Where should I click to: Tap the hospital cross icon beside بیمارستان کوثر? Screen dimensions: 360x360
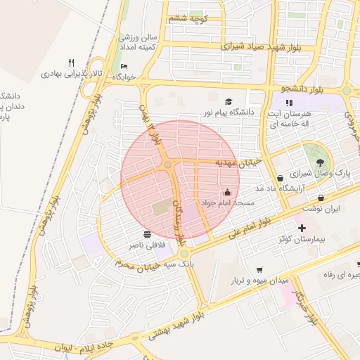coord(302,229)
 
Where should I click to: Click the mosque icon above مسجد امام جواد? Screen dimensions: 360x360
coord(227,191)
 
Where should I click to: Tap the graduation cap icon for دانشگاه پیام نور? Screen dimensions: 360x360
coord(229,102)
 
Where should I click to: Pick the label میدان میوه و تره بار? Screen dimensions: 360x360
coord(260,280)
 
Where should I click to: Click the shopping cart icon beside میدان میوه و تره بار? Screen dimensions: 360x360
coord(260,269)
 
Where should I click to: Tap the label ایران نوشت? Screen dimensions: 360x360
coord(321,209)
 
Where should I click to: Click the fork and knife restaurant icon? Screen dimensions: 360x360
coord(71,62)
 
